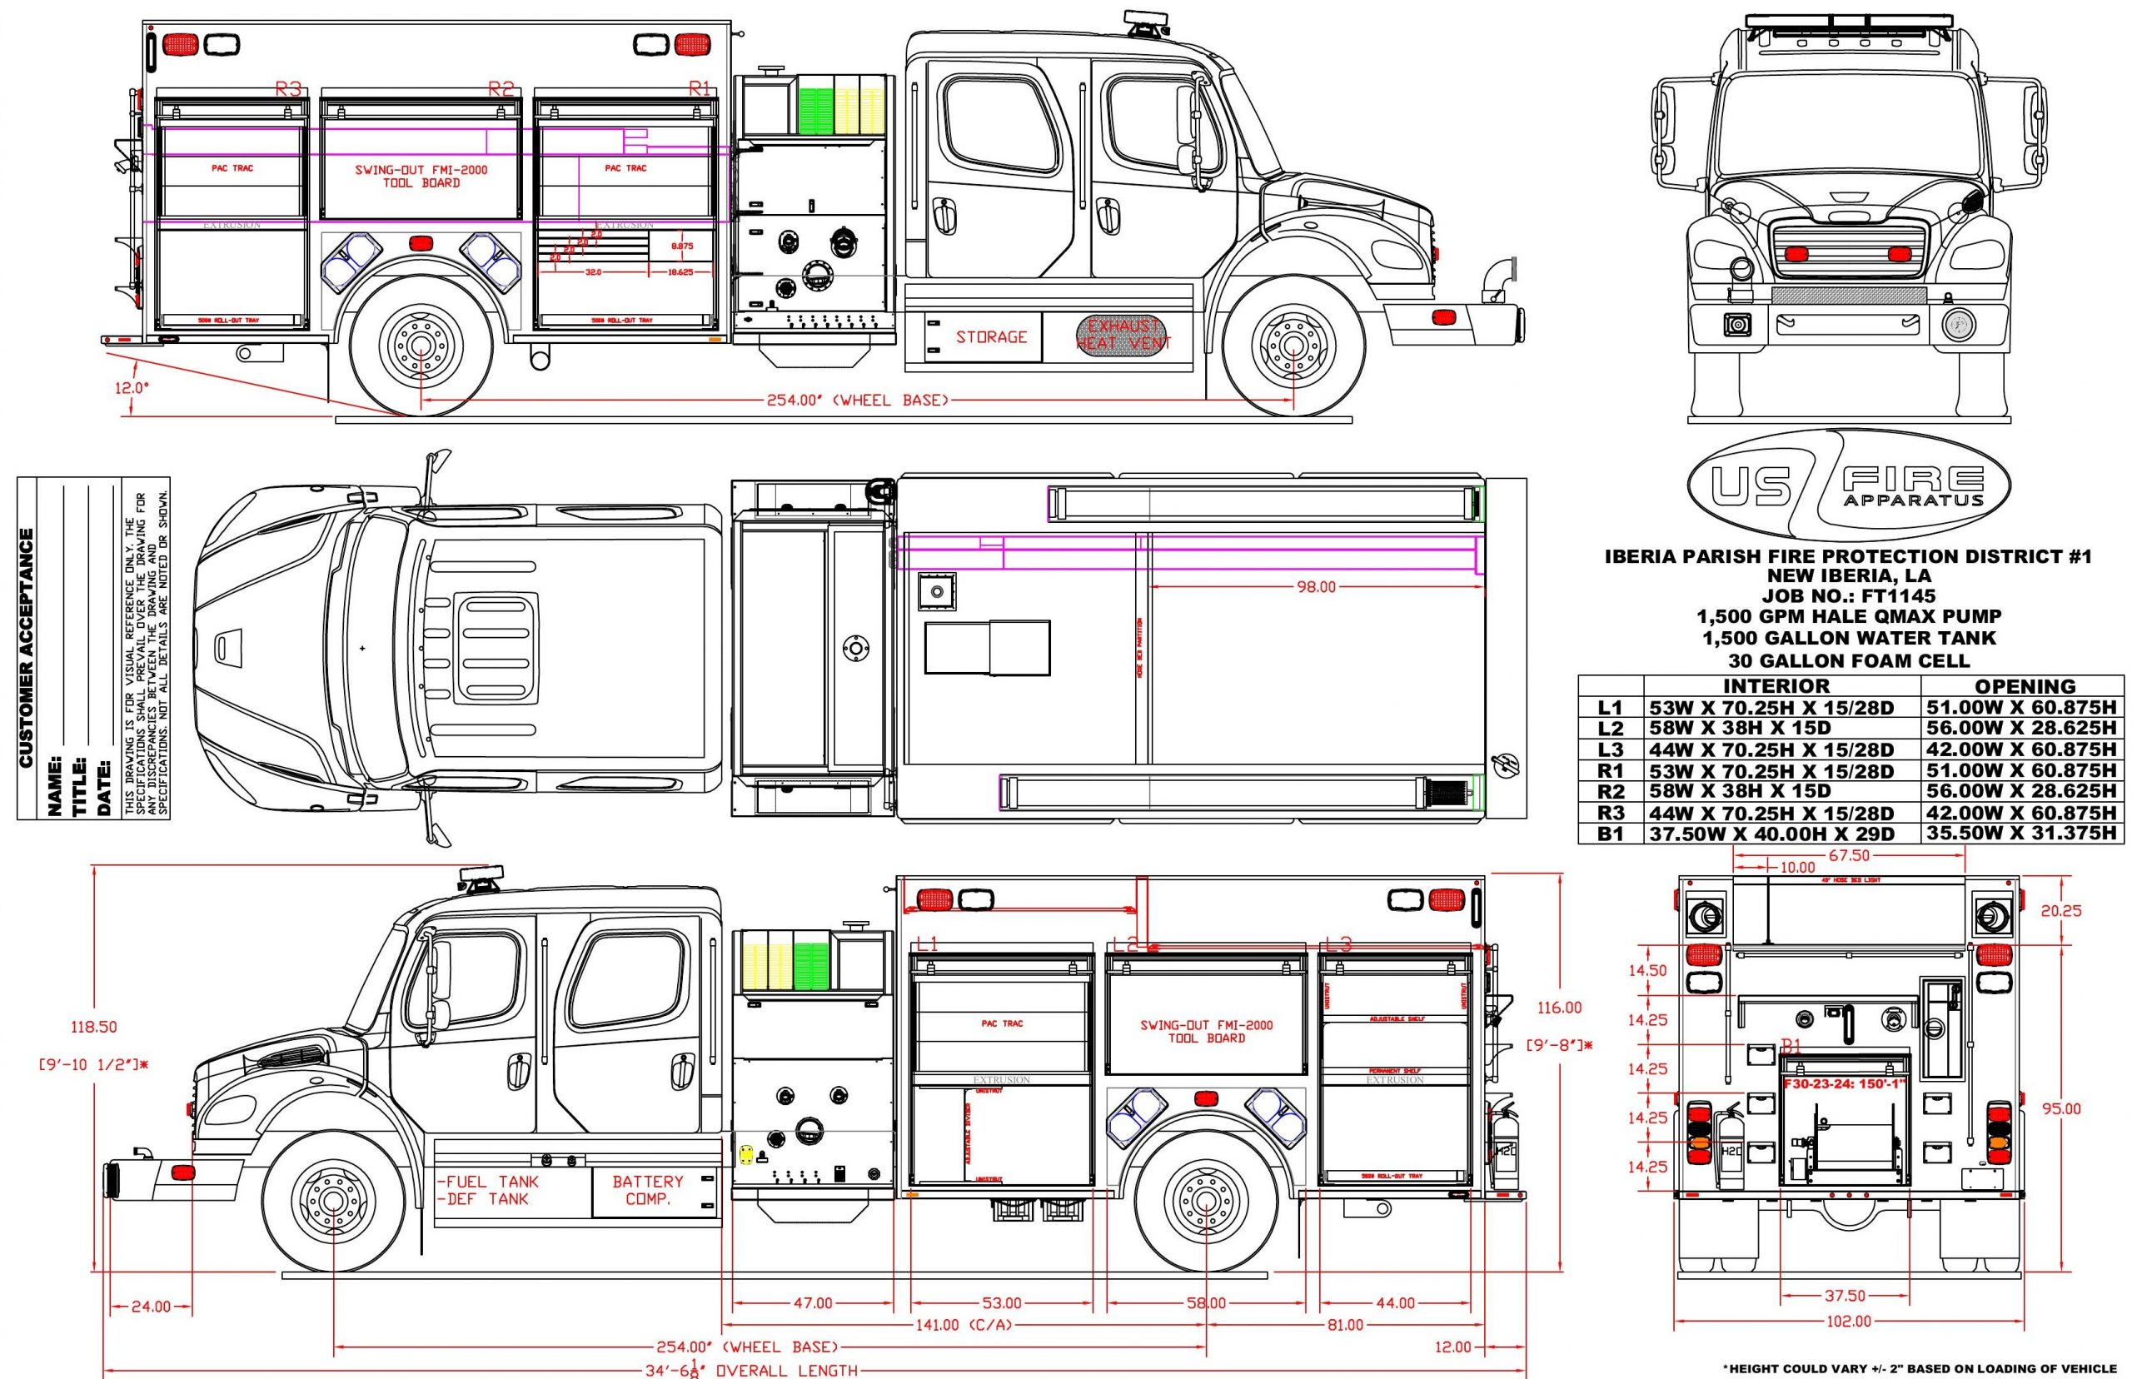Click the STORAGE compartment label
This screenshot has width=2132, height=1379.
click(x=990, y=336)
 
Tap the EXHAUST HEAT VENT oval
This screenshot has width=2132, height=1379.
click(x=1123, y=334)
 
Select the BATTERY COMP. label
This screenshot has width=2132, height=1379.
click(x=647, y=1190)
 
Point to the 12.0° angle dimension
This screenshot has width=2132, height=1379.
click(x=131, y=389)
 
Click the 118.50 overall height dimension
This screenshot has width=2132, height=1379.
click(x=94, y=1027)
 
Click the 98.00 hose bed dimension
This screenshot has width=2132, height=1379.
click(x=1315, y=587)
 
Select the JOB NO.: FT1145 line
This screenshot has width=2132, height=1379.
click(x=1847, y=596)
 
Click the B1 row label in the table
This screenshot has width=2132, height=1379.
click(x=1610, y=834)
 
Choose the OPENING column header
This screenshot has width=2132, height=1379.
click(x=2025, y=687)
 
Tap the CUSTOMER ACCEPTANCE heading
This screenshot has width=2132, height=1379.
click(x=27, y=647)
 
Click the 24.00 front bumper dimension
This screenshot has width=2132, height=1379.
click(x=151, y=1307)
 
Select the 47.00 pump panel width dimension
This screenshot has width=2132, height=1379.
click(x=812, y=1303)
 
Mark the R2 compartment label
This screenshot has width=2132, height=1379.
click(x=501, y=88)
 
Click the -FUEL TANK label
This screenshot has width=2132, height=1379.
click(x=489, y=1182)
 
